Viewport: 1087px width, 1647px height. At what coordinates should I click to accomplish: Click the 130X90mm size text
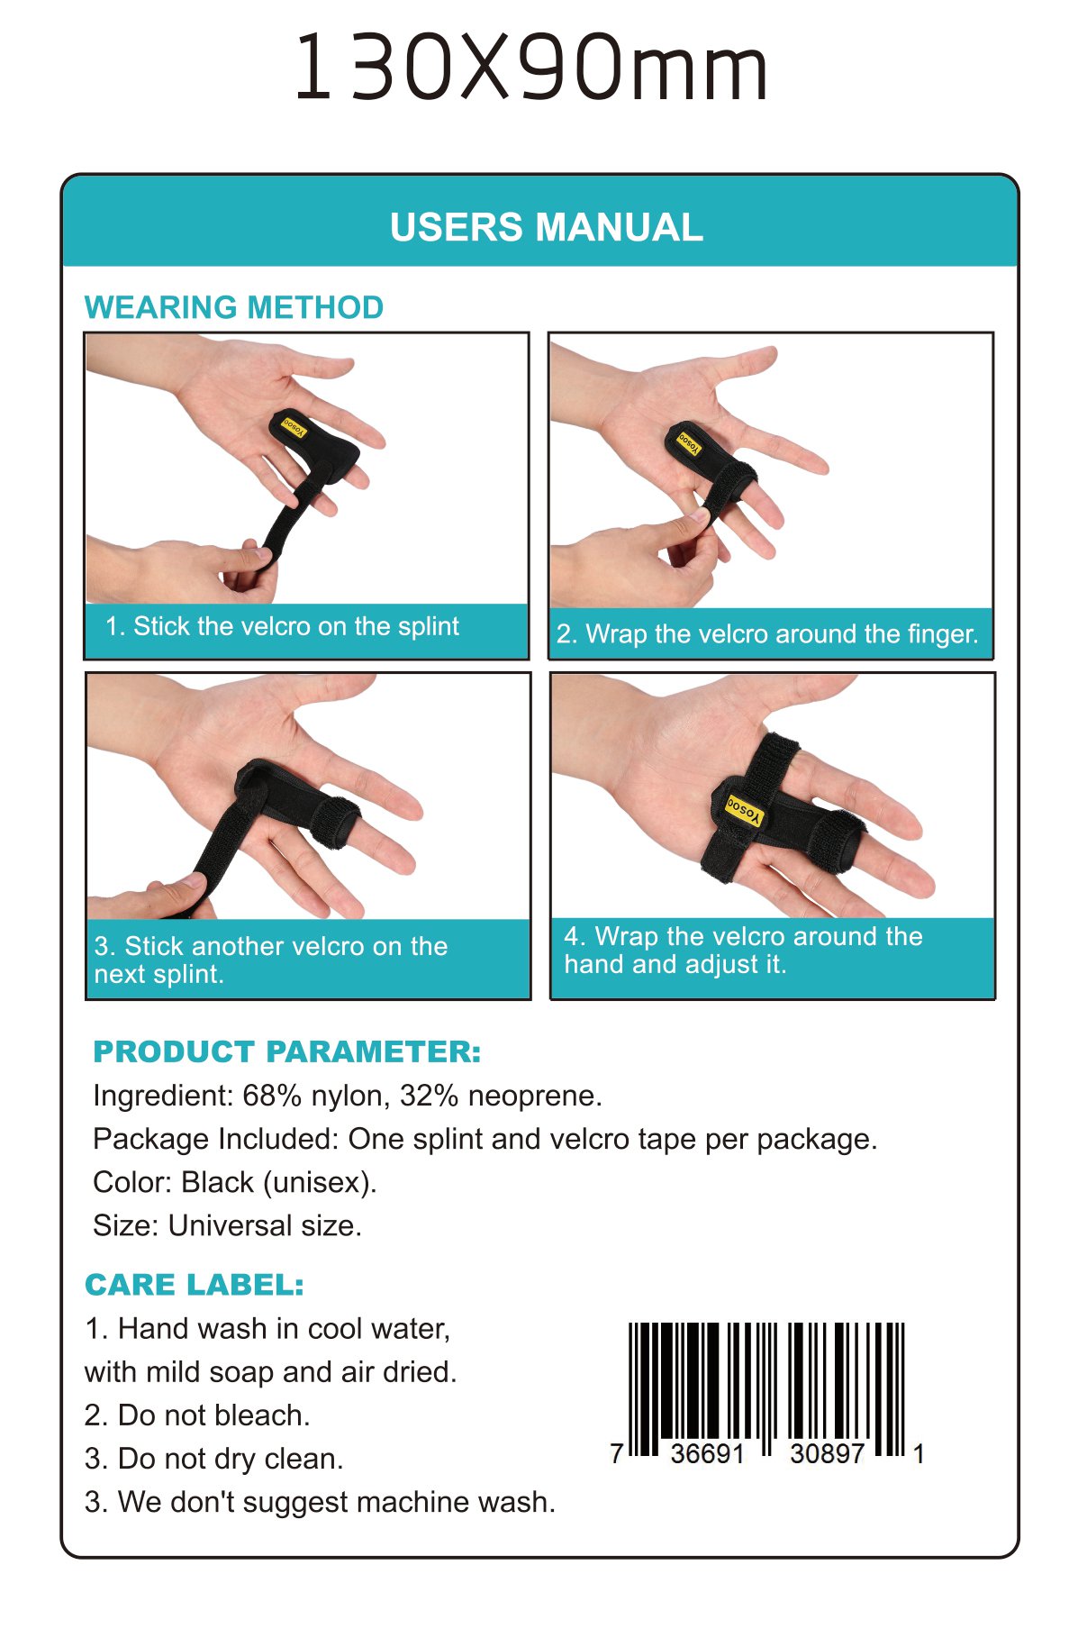[531, 68]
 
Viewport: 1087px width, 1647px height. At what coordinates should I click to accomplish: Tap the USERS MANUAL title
[546, 227]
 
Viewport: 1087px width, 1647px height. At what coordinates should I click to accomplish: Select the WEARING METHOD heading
[234, 307]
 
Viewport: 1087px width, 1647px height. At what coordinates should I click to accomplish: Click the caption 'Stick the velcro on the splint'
[282, 626]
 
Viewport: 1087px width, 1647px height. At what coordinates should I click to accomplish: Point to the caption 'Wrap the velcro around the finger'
[766, 634]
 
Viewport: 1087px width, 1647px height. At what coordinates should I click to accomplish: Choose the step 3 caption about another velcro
[270, 960]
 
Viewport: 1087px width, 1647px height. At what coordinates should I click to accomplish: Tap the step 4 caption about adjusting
[743, 950]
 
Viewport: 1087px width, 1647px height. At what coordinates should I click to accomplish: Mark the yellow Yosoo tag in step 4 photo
[745, 809]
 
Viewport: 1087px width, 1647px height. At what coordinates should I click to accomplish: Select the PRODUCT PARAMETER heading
[287, 1051]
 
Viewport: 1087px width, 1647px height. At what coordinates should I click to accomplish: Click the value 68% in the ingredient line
[272, 1096]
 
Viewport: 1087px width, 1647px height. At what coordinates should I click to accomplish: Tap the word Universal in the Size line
[230, 1225]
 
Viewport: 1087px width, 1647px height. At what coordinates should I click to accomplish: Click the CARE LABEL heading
[195, 1285]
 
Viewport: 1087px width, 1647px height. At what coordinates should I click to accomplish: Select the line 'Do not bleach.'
[213, 1415]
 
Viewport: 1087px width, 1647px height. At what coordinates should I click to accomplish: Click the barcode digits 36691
[708, 1453]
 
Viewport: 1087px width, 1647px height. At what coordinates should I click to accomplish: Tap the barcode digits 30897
[827, 1453]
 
